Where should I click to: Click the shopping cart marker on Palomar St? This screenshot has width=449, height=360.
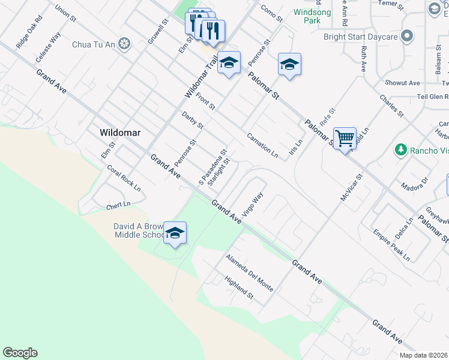point(345,139)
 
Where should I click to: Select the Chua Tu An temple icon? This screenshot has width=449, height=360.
point(124,43)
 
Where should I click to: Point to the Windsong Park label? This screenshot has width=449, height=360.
point(308,16)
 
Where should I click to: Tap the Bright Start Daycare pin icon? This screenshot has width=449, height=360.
point(408,37)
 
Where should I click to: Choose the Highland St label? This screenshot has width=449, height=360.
point(239,288)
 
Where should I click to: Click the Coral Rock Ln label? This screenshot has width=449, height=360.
point(124,179)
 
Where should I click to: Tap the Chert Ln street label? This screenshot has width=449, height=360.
point(118,205)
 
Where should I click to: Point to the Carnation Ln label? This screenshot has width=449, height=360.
point(262,146)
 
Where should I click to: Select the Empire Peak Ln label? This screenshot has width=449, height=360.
point(391,245)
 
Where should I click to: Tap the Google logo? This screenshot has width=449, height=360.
point(20,353)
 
